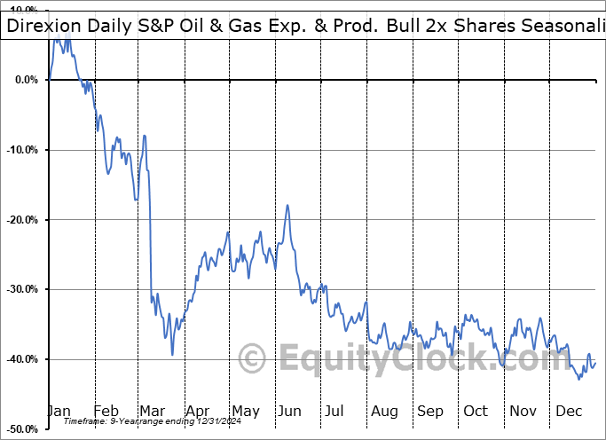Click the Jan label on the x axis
(59, 411)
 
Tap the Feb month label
(106, 411)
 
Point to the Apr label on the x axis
(199, 411)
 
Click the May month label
(245, 411)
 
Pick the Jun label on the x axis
(289, 411)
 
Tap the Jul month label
(334, 411)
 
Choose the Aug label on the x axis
(384, 411)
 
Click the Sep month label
(430, 411)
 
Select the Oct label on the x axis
(476, 411)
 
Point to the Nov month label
(523, 411)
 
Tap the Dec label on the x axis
(570, 411)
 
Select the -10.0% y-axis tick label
(22, 150)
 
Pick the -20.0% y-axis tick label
(22, 220)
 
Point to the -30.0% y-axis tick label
(22, 289)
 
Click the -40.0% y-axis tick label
(22, 359)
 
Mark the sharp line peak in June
(287, 205)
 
